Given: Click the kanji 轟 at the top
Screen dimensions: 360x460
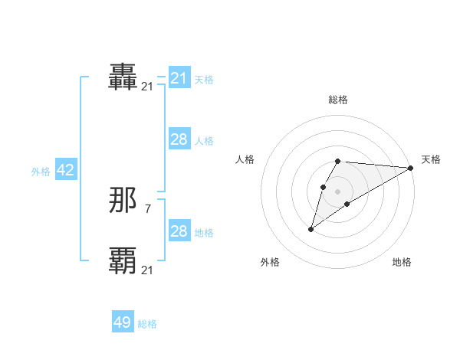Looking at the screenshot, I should pyautogui.click(x=123, y=77).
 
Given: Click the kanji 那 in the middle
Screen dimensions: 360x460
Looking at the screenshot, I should pyautogui.click(x=123, y=201).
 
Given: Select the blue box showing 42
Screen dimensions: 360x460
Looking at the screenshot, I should pyautogui.click(x=65, y=171).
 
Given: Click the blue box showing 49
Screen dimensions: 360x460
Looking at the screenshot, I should pyautogui.click(x=123, y=322).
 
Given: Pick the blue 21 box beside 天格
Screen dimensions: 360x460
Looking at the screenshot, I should pyautogui.click(x=179, y=78).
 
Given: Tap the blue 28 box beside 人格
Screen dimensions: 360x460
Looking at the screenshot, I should pyautogui.click(x=179, y=139).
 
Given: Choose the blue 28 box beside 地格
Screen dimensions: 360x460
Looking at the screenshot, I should pyautogui.click(x=179, y=231).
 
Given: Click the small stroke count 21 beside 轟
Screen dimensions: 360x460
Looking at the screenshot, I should pyautogui.click(x=147, y=87).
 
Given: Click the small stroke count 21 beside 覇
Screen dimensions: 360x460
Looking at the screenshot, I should pyautogui.click(x=147, y=270).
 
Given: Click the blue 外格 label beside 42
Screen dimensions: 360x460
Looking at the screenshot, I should pyautogui.click(x=41, y=172).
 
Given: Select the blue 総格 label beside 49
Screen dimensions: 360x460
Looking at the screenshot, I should pyautogui.click(x=147, y=324).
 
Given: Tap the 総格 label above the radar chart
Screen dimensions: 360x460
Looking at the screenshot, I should pyautogui.click(x=338, y=100).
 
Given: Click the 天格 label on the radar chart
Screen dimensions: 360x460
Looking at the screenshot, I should pyautogui.click(x=431, y=159).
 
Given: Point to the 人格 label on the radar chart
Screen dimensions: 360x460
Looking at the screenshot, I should pyautogui.click(x=245, y=159).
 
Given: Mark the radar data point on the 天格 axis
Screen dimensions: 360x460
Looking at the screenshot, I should pyautogui.click(x=411, y=168).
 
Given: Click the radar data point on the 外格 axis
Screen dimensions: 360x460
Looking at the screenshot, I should pyautogui.click(x=311, y=229).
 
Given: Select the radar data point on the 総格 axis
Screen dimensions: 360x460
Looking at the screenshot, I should pyautogui.click(x=338, y=162).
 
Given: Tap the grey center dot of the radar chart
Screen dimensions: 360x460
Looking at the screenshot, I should pyautogui.click(x=338, y=191).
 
